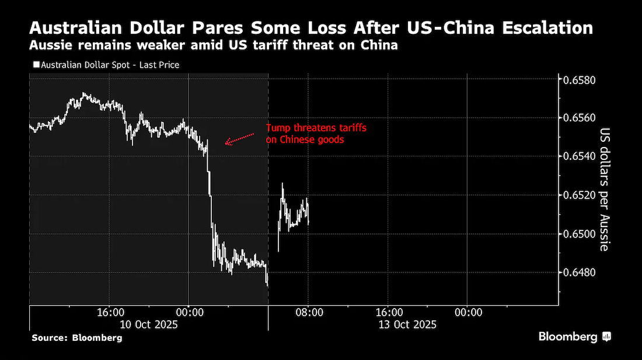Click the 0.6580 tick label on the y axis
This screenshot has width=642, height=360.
pos(580,80)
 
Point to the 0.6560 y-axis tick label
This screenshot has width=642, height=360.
pos(580,118)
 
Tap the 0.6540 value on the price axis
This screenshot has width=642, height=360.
pos(580,156)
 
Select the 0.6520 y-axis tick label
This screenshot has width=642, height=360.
pos(580,195)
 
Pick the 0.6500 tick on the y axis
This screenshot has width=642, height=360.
pos(580,233)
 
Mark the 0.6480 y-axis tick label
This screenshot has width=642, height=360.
pos(580,272)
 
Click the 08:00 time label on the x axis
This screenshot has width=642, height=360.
pos(309,313)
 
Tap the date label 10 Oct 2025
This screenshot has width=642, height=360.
pos(149,325)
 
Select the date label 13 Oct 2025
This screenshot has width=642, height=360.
pos(407,325)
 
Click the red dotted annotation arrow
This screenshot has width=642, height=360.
pos(239,139)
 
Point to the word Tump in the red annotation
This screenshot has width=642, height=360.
pos(278,128)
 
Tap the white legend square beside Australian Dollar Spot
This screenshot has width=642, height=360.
pos(36,64)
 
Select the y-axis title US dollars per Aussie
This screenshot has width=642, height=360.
pos(605,190)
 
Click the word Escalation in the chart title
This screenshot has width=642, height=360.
pos(547,28)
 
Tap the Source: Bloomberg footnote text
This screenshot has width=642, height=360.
pos(77,338)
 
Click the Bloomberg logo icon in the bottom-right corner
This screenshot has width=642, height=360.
pos(606,337)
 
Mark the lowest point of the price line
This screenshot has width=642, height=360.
pos(268,286)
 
